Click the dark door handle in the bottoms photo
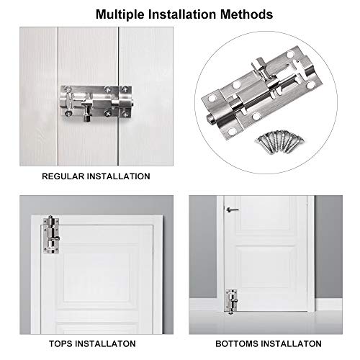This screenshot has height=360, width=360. click(x=230, y=210)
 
